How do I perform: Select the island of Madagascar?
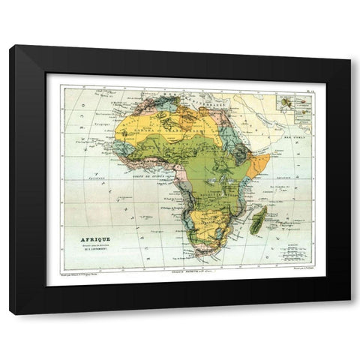259,221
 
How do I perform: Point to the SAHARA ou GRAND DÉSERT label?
163,130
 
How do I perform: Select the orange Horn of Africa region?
259,162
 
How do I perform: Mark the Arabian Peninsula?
259,120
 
